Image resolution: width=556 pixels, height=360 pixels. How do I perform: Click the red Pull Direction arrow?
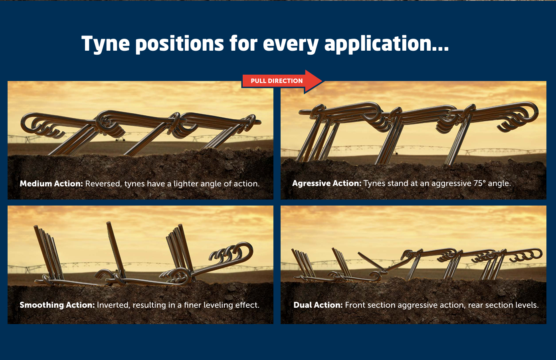pyautogui.click(x=282, y=81)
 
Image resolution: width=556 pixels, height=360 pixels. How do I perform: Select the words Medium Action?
pyautogui.click(x=51, y=184)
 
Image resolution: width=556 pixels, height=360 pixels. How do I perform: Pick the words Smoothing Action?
pyautogui.click(x=57, y=305)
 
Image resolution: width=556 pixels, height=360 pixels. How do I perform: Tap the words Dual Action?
pyautogui.click(x=318, y=305)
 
